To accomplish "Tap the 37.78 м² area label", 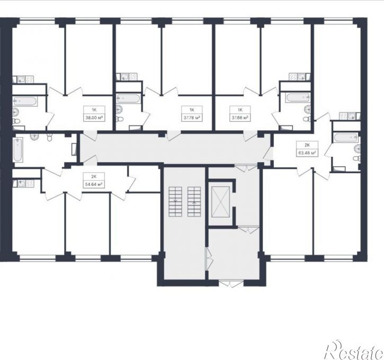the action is click(x=192, y=118).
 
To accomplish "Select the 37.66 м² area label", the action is click(x=240, y=118).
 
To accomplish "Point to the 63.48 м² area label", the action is click(x=307, y=154).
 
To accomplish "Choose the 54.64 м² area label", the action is click(x=94, y=184).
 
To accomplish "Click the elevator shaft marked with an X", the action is click(x=220, y=202).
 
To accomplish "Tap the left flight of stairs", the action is click(x=175, y=201).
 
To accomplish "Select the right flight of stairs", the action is click(x=194, y=201).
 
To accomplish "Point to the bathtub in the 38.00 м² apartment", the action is click(x=25, y=101).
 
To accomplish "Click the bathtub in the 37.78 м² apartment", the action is click(x=129, y=98).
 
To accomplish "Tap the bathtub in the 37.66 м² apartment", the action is click(x=298, y=97).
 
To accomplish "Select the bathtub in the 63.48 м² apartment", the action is click(x=346, y=138).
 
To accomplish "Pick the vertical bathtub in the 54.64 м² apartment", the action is click(x=17, y=150).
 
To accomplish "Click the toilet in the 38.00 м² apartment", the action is click(x=16, y=121).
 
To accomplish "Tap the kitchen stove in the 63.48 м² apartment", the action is click(x=343, y=116).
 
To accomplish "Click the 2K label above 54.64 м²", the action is click(x=94, y=176).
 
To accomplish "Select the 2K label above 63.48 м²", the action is click(x=307, y=145).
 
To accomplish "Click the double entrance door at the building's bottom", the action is click(x=231, y=284).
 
